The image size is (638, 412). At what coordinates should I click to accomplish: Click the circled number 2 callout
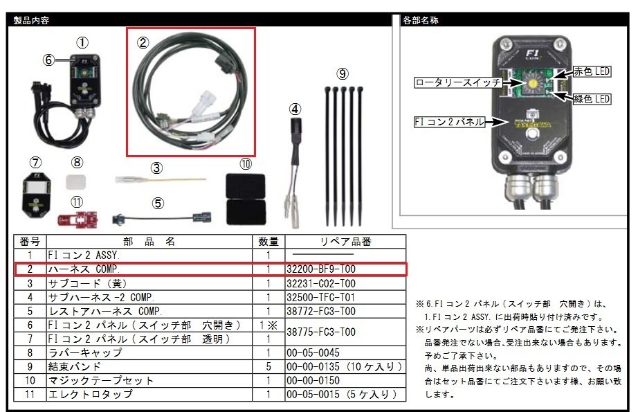143,42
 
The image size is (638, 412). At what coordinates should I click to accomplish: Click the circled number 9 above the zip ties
343,73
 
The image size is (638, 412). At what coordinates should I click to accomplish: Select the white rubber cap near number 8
78,182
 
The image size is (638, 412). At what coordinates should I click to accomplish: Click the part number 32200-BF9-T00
320,269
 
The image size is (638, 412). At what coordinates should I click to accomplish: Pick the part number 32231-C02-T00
320,283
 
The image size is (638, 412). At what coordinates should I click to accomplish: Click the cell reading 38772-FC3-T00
320,311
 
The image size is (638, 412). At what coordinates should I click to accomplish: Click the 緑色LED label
592,99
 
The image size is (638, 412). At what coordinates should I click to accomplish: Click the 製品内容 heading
32,20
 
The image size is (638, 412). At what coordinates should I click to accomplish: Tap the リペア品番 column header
345,241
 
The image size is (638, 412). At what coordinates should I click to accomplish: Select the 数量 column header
268,241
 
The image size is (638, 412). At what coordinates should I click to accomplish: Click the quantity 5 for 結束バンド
268,366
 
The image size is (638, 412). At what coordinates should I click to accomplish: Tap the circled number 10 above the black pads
245,164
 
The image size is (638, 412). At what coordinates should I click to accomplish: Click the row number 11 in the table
30,394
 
